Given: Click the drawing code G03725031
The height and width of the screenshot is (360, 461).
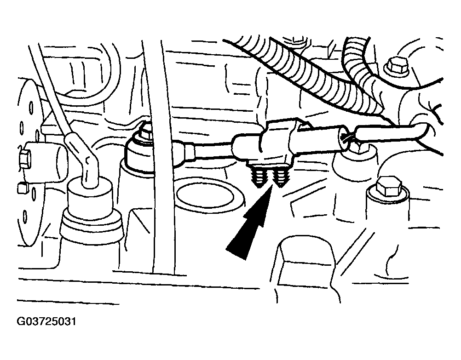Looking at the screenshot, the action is pyautogui.click(x=47, y=321).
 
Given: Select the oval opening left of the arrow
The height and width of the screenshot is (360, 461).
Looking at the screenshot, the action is pyautogui.click(x=206, y=195).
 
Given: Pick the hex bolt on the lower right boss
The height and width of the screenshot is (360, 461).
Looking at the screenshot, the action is pyautogui.click(x=387, y=187).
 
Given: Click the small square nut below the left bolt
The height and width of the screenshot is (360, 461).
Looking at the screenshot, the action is pyautogui.click(x=21, y=188).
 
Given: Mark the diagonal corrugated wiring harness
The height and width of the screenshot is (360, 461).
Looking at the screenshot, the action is pyautogui.click(x=306, y=74).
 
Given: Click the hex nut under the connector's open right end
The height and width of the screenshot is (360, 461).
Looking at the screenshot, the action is pyautogui.click(x=357, y=147).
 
